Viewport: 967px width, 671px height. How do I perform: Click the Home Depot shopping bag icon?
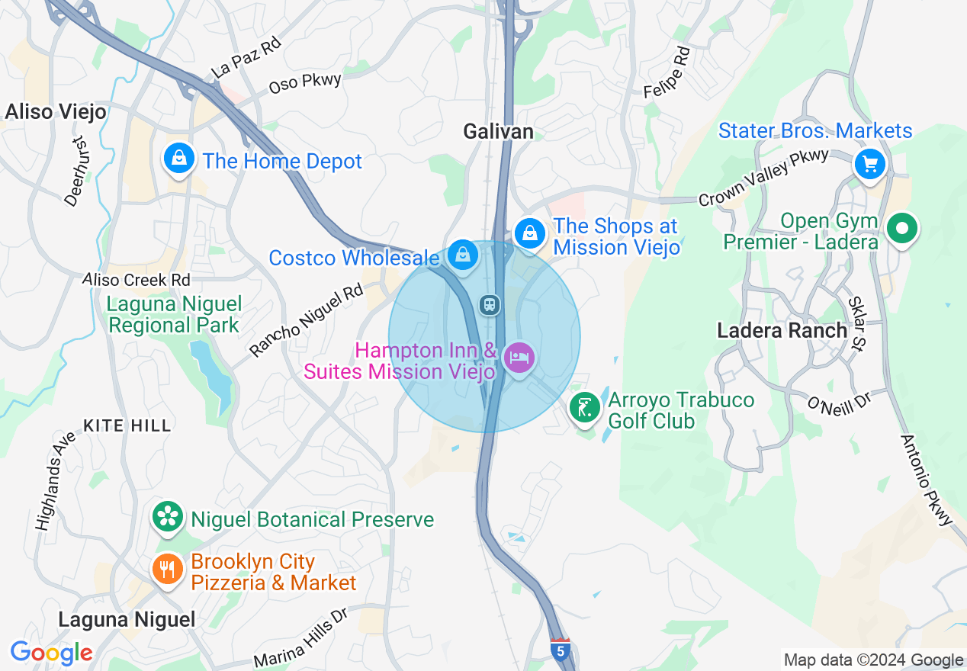(x=178, y=159)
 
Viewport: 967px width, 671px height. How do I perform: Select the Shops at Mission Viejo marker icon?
(x=528, y=233)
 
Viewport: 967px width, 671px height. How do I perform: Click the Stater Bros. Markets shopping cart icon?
(x=869, y=163)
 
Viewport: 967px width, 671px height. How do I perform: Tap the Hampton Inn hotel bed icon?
(x=519, y=357)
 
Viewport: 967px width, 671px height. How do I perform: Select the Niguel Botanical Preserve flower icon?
(x=167, y=518)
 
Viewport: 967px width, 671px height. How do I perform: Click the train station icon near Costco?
(x=489, y=305)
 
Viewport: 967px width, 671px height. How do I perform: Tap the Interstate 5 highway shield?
(x=561, y=650)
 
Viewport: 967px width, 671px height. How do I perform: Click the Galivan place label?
(x=499, y=132)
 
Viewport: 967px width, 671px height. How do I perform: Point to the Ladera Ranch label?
(x=782, y=330)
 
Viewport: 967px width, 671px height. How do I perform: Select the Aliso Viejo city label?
(x=56, y=112)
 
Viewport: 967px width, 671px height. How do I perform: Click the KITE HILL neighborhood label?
(x=127, y=425)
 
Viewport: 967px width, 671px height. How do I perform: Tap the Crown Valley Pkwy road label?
(x=763, y=178)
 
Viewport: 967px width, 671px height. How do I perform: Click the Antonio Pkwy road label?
(x=927, y=480)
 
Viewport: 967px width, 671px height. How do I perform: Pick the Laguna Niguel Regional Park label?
(x=174, y=314)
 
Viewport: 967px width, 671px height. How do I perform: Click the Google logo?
(x=51, y=653)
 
